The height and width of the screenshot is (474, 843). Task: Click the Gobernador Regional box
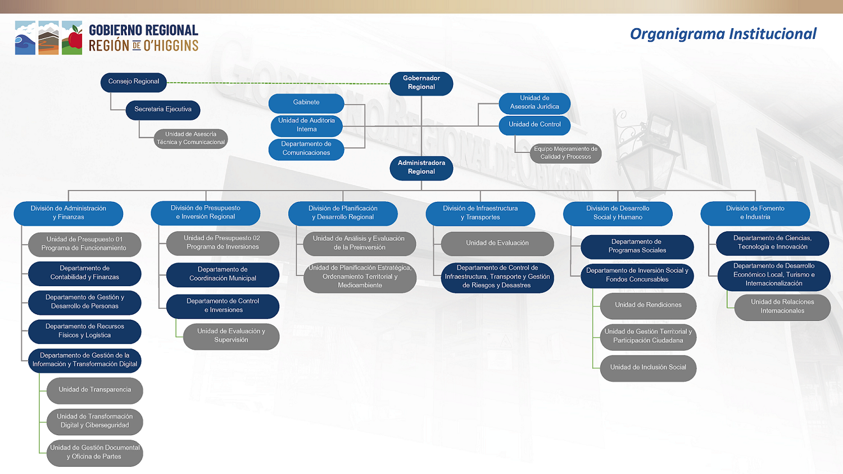tap(422, 83)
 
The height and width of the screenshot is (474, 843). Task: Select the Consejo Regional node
tap(134, 82)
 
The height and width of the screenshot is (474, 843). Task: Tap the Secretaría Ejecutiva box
tap(163, 110)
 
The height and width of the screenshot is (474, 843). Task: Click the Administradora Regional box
tap(422, 168)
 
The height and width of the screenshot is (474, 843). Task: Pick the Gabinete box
tap(306, 102)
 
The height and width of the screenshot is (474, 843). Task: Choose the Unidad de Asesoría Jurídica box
tap(534, 102)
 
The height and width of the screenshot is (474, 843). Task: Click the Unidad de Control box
tap(534, 125)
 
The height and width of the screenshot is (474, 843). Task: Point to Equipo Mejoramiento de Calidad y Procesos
tap(565, 153)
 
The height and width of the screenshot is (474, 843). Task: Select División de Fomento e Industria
tap(755, 213)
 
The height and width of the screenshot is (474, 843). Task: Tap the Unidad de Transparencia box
tap(94, 390)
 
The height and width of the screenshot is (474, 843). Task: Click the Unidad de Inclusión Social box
tap(648, 368)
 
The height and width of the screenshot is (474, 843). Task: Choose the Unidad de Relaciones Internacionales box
tap(782, 306)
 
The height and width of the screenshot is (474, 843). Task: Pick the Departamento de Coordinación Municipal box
tap(223, 274)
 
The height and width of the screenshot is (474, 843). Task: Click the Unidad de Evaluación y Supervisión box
tap(231, 336)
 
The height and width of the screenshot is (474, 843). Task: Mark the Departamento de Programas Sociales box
tap(637, 246)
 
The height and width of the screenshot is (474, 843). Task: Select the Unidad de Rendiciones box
tap(648, 305)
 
